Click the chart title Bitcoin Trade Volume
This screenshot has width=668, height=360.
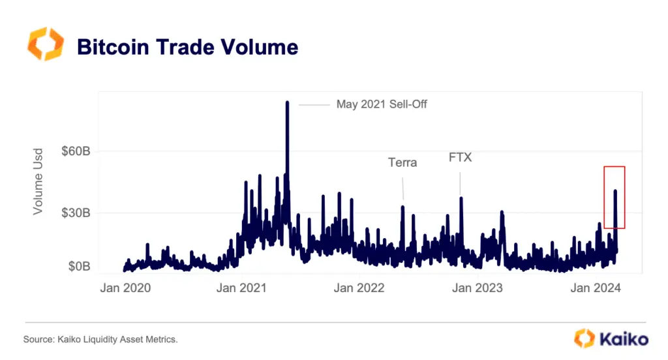coord(187,47)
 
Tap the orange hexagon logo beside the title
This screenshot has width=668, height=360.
coord(45,44)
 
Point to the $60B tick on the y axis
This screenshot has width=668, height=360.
coord(76,151)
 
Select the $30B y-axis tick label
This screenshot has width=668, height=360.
coord(76,213)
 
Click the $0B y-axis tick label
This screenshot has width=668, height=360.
coord(78,267)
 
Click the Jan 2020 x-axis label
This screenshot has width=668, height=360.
coord(125,288)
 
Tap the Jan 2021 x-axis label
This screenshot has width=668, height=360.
coord(241,288)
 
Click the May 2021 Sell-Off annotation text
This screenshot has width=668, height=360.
coord(382,104)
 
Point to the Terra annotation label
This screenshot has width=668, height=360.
coord(402,162)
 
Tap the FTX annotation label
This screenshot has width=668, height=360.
coord(460,158)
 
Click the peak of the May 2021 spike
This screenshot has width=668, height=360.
coord(287,102)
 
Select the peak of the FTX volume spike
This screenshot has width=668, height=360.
coord(461,198)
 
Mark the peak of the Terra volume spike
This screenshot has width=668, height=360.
coord(402,207)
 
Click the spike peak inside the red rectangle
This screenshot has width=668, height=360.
coord(615,191)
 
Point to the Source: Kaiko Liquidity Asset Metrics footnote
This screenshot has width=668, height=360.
coord(100,339)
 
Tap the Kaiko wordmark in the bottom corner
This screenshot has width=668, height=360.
coord(623,339)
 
